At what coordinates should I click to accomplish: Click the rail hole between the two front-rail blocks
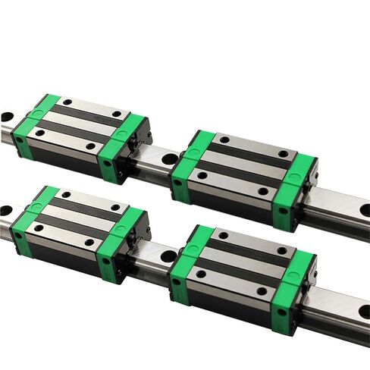(x=167, y=256)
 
